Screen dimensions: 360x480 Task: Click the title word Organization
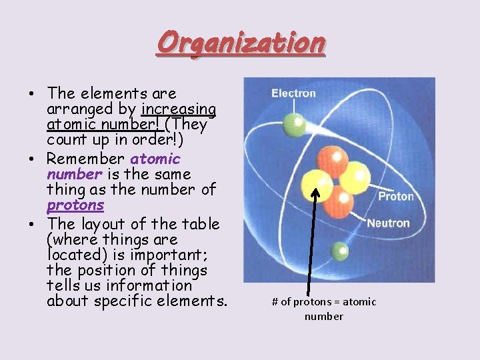pos(241,43)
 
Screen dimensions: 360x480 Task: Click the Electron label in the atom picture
pos(293,93)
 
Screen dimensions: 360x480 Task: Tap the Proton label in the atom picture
pos(396,196)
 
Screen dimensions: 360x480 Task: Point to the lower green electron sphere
pos(340,251)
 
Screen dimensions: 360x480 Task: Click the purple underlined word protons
pos(75,205)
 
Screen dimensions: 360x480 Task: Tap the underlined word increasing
pos(179,109)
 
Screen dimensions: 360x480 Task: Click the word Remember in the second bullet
pos(85,159)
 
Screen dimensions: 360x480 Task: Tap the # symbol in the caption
pos(275,302)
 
